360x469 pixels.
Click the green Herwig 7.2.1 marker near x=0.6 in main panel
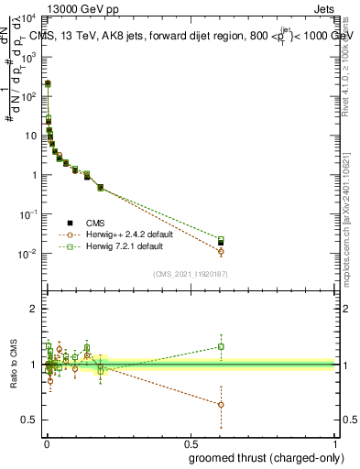tap(221, 239)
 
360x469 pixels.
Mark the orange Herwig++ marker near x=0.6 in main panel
tap(221, 251)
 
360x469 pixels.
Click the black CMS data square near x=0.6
tap(221, 243)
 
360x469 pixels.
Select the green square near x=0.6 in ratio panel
tap(221, 346)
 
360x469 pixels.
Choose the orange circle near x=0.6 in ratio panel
tap(221, 404)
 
